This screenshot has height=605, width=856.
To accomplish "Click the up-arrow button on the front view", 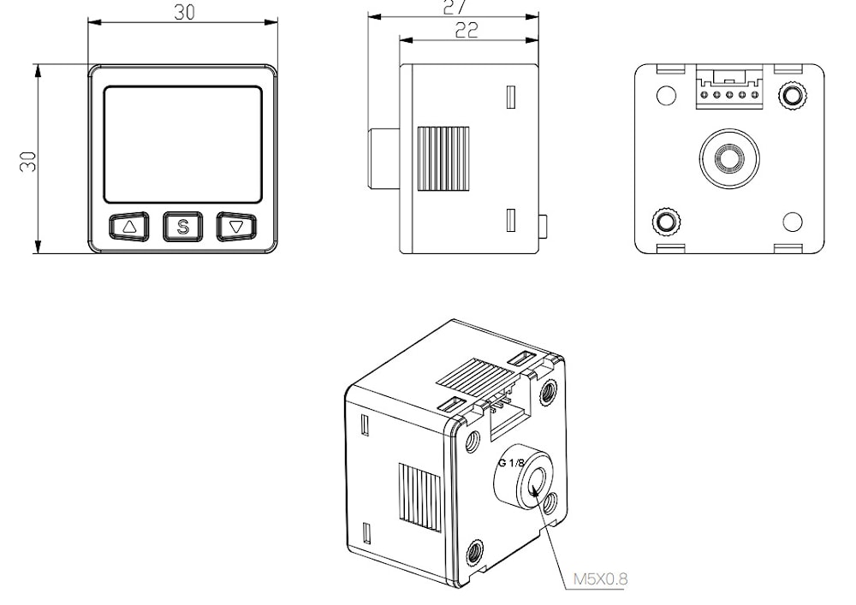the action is point(129,227).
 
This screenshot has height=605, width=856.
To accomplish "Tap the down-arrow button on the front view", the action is point(236,227).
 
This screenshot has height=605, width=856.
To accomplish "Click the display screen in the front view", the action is point(183,145).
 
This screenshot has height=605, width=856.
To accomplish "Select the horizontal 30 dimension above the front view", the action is point(185,12).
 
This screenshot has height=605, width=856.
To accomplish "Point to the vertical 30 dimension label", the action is point(27,162).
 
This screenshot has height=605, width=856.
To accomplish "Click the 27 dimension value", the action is point(455,7).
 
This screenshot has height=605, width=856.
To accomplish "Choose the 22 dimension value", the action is point(467,31).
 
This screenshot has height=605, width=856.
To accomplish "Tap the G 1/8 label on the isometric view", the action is point(511,463).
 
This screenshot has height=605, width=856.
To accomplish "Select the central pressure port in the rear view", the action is point(728,158).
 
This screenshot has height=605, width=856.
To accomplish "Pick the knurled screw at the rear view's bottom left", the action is point(666,222).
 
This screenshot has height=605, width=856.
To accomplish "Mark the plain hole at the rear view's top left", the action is point(665,96).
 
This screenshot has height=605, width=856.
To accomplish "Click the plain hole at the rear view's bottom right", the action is point(792,222).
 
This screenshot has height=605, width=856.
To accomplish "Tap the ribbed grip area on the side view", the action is point(443,159).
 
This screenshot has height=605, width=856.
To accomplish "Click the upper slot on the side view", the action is point(511,97).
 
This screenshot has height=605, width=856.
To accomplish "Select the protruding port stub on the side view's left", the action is point(384,159).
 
